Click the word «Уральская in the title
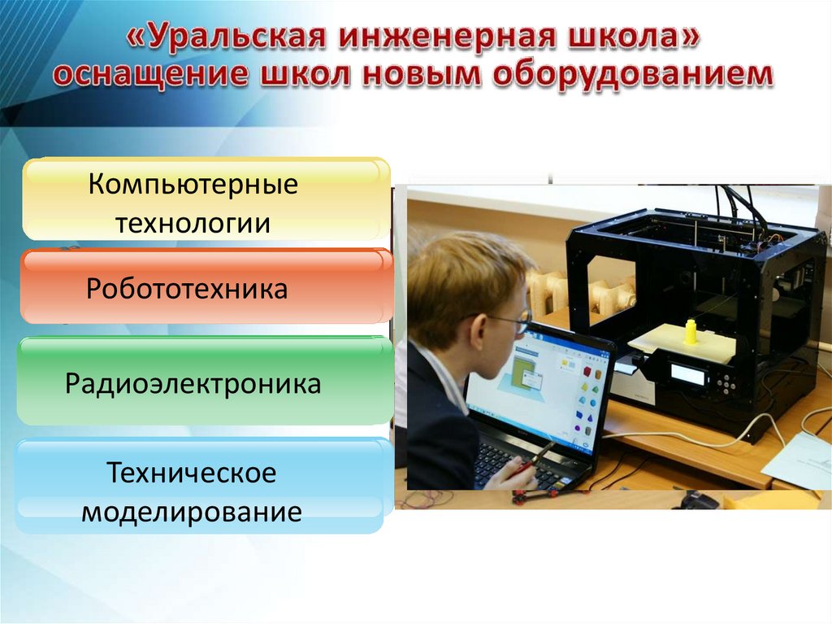point(226,37)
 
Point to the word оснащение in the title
point(150,73)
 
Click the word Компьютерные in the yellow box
point(193,185)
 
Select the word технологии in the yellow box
point(193,223)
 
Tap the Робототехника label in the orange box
point(187,289)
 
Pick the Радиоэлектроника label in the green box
point(193,383)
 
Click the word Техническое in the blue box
point(192,472)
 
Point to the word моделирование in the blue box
point(192,511)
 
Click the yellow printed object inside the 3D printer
point(691,332)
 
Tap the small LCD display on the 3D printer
point(687,375)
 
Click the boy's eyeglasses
point(509,320)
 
